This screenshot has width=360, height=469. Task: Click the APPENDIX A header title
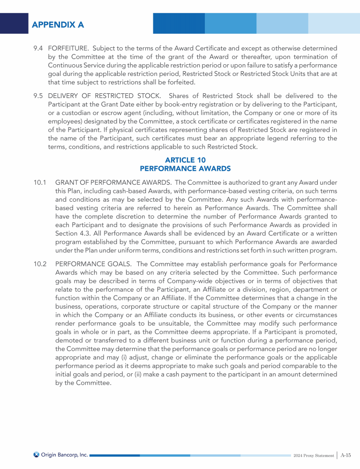58,24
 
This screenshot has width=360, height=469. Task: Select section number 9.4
38,48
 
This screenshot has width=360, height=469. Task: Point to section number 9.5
38,96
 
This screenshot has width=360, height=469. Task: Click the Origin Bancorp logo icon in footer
37,454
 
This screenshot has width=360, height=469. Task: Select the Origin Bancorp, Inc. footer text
64,454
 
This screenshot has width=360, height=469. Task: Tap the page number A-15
346,454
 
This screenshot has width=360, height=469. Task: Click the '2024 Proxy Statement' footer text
313,455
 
